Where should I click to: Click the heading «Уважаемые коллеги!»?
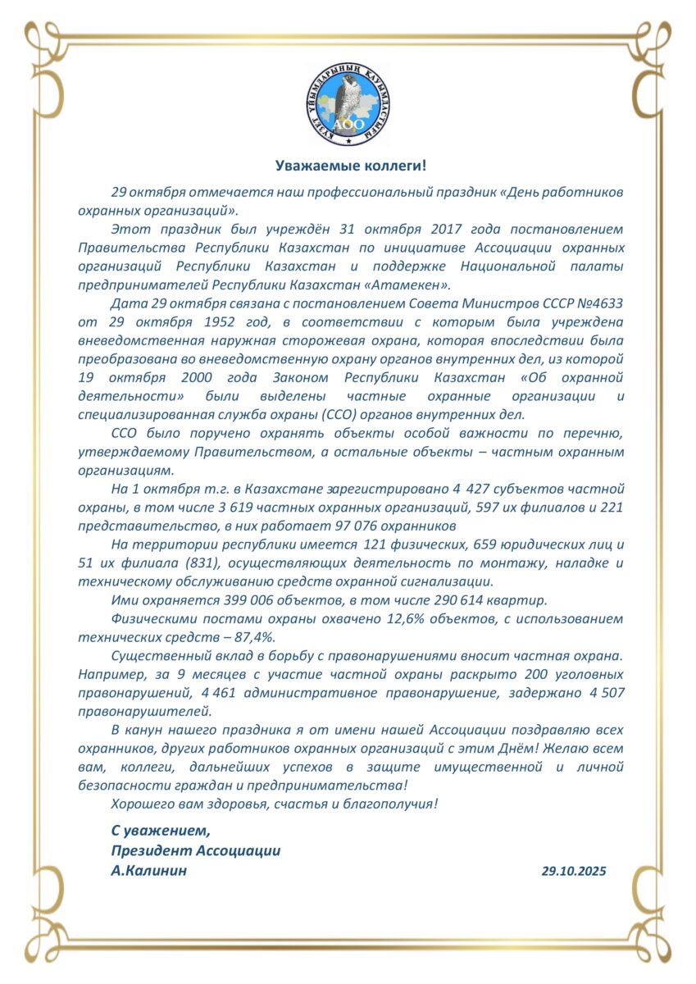tap(350, 166)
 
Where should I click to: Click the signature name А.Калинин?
tap(148, 871)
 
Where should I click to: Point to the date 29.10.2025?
tap(574, 872)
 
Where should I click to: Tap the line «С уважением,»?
tap(155, 831)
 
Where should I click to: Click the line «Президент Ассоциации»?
tap(196, 851)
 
